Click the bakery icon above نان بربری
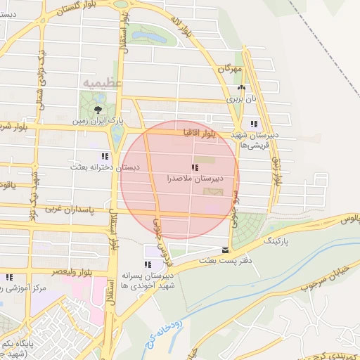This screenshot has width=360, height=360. (241, 88)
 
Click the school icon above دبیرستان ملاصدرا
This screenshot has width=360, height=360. (195, 167)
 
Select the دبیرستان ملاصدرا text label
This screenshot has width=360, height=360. (188, 179)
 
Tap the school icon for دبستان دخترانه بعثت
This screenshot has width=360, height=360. (105, 156)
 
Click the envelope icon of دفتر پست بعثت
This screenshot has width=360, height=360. (225, 250)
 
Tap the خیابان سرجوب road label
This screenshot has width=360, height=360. (310, 278)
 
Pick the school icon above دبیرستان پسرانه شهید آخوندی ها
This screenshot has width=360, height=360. (148, 264)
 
